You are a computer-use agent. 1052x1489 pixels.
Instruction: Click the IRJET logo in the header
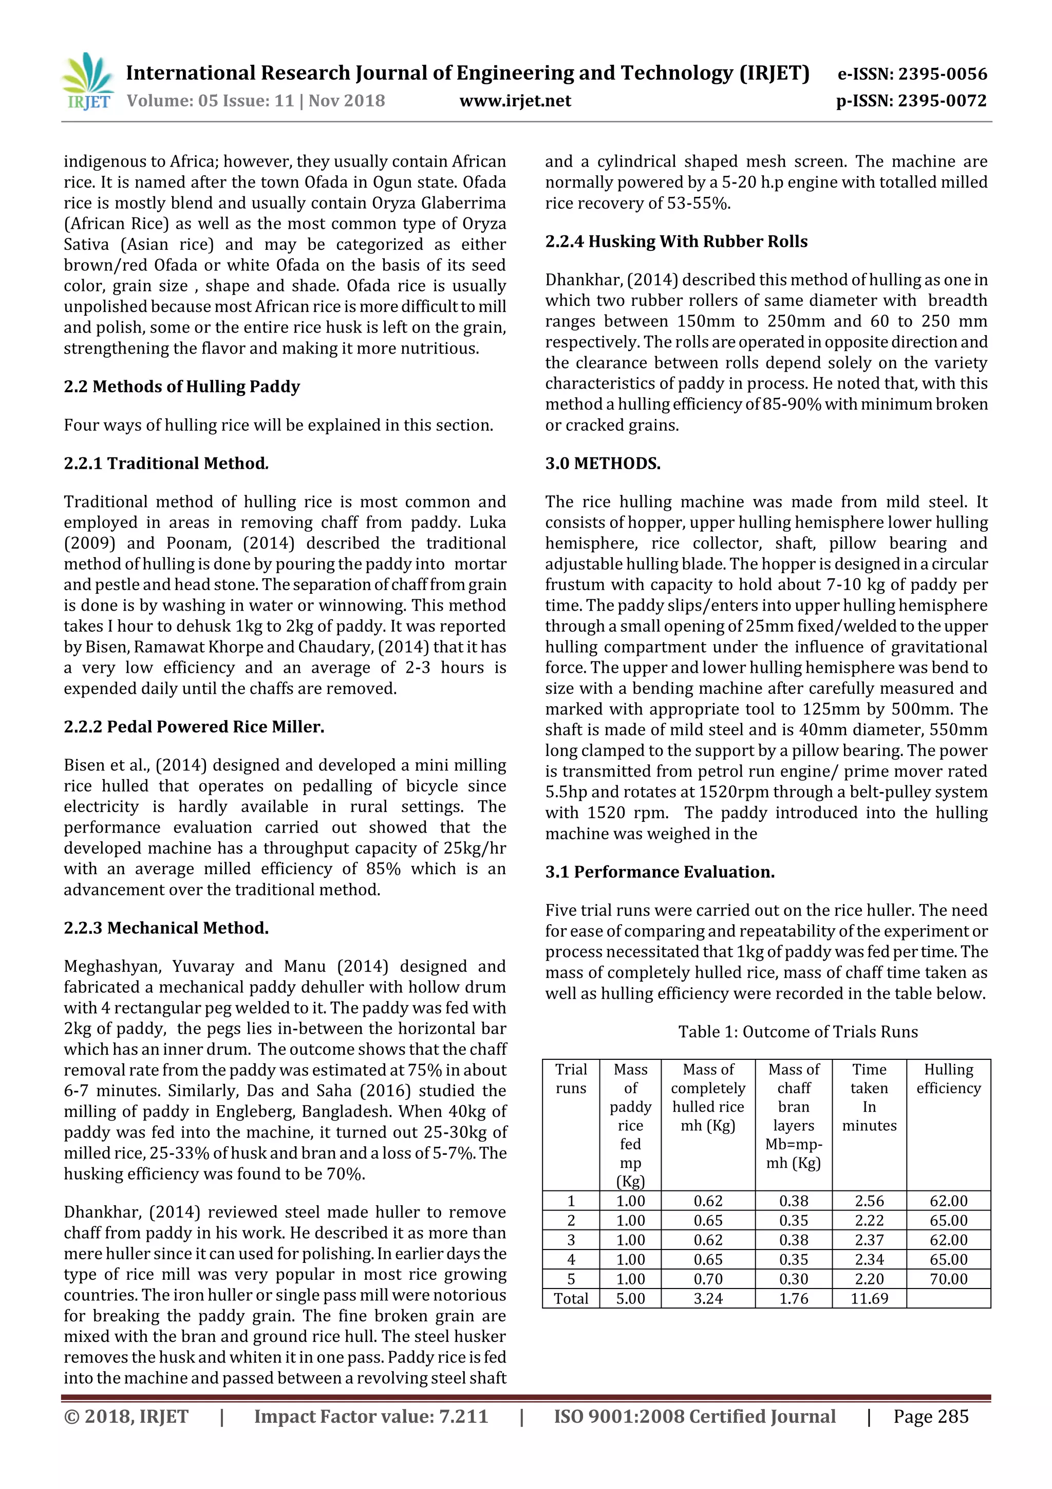point(87,82)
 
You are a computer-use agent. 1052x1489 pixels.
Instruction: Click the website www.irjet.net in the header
point(515,101)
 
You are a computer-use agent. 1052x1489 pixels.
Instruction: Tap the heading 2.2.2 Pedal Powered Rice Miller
point(194,726)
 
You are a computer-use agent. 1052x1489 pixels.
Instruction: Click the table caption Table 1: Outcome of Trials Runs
point(797,1031)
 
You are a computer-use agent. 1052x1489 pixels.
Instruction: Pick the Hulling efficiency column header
point(948,1078)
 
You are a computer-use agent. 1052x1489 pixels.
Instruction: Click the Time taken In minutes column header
point(869,1097)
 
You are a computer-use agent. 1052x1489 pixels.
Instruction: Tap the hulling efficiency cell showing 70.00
point(948,1279)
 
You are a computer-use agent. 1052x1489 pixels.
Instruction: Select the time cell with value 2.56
point(869,1201)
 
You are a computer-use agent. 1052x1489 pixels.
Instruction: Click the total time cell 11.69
point(869,1298)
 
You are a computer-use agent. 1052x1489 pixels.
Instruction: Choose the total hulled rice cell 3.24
point(708,1298)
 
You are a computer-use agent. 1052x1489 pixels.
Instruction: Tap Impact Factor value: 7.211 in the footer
point(370,1417)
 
